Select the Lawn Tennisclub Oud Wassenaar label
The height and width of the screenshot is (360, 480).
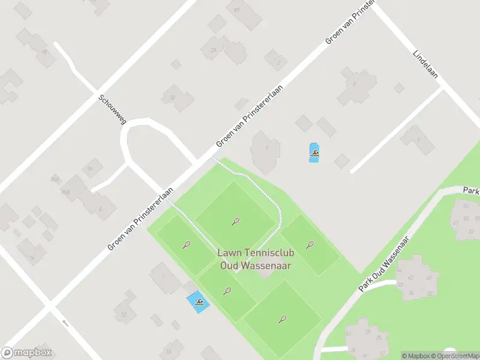[x=256, y=259]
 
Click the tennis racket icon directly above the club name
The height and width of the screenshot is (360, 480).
[x=235, y=221]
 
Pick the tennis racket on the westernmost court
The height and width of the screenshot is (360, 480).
[x=187, y=244]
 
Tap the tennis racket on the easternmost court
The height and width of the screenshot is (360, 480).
[x=310, y=244]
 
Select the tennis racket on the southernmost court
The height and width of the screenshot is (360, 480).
[x=283, y=319]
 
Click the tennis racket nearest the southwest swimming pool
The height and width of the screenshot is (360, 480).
[x=227, y=292]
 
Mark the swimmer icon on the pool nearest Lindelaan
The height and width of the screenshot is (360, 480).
[x=314, y=154]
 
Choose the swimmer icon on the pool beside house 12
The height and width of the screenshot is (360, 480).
[x=199, y=302]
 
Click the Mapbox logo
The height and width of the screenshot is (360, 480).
[x=26, y=353]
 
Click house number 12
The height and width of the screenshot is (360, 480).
[x=124, y=314]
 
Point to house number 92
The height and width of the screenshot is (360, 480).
[x=172, y=98]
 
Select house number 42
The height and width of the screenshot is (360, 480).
[x=412, y=278]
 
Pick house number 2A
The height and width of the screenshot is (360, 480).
[x=213, y=51]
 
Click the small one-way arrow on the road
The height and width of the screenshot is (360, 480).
[x=65, y=323]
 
